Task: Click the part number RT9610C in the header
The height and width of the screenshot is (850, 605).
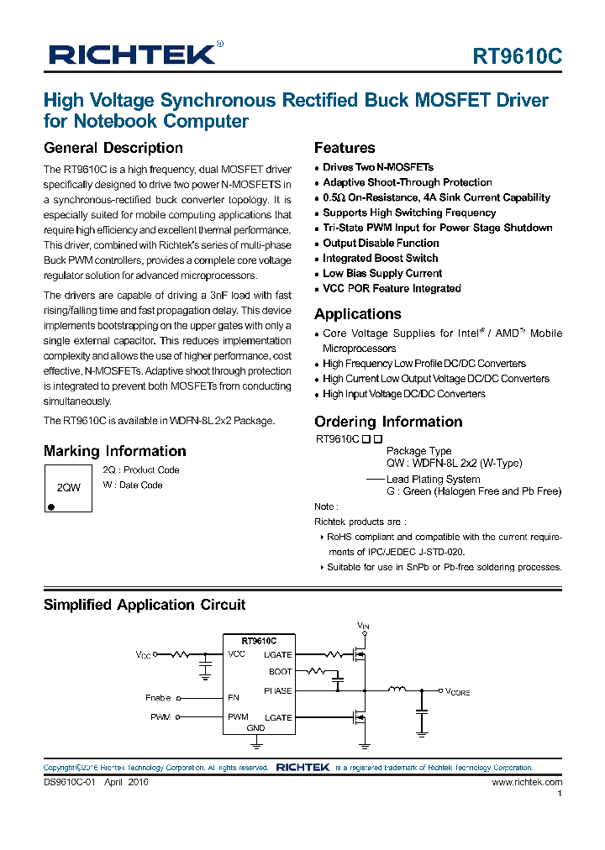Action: [517, 57]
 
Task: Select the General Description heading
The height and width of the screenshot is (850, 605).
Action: [113, 148]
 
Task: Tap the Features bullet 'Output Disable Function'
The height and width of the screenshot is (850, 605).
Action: [381, 243]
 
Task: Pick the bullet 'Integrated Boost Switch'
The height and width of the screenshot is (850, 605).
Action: [380, 258]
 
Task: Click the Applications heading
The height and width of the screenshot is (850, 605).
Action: [358, 314]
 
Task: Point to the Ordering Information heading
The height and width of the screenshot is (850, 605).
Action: [388, 422]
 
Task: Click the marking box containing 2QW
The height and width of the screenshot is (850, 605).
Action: [68, 487]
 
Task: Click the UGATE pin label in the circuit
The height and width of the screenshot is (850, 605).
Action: [278, 654]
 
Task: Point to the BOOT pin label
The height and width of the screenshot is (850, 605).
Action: [281, 672]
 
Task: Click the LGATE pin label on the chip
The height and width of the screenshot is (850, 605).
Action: [278, 717]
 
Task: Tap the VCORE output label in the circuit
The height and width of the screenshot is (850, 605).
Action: [457, 691]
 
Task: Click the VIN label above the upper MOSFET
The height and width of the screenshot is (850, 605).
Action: [363, 627]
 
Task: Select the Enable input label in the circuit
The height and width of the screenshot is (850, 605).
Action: [158, 698]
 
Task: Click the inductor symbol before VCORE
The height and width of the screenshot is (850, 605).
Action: [396, 690]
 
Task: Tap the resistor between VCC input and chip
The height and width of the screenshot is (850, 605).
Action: [181, 653]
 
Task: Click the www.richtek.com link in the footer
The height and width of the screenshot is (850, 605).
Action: [527, 782]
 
